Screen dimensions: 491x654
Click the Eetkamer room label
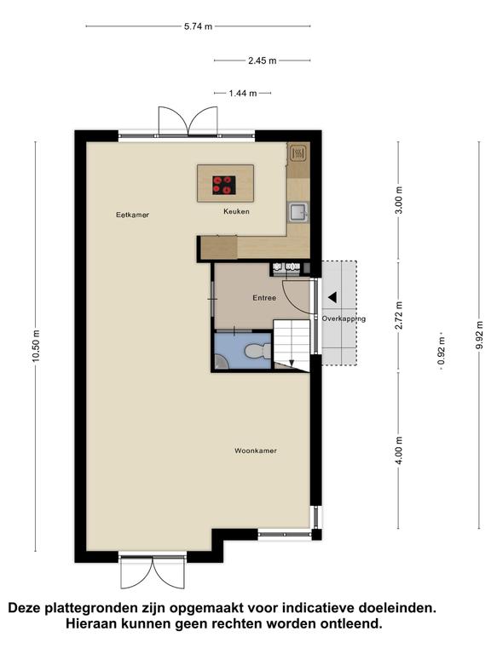tap(132, 215)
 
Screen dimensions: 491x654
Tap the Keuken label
tap(236, 211)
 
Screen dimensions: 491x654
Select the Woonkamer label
tap(256, 450)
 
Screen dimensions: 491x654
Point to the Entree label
tap(264, 298)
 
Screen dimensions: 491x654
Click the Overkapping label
tap(344, 318)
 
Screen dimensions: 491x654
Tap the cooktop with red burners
tap(224, 185)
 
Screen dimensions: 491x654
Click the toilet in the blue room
tap(257, 351)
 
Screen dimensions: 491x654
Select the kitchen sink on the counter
tap(297, 211)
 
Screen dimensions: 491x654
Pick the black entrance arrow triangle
tap(332, 297)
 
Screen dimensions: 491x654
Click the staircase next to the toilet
tap(292, 345)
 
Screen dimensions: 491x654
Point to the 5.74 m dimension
tap(199, 26)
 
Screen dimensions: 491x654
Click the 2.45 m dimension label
tap(263, 60)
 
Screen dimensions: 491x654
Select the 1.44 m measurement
tap(243, 94)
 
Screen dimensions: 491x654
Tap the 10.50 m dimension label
tap(36, 347)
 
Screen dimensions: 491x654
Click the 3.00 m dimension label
tap(399, 200)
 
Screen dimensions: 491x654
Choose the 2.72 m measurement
tap(399, 315)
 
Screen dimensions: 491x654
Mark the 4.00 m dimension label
tap(399, 450)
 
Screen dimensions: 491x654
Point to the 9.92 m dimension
tap(480, 336)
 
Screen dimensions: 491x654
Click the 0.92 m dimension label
tap(442, 351)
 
